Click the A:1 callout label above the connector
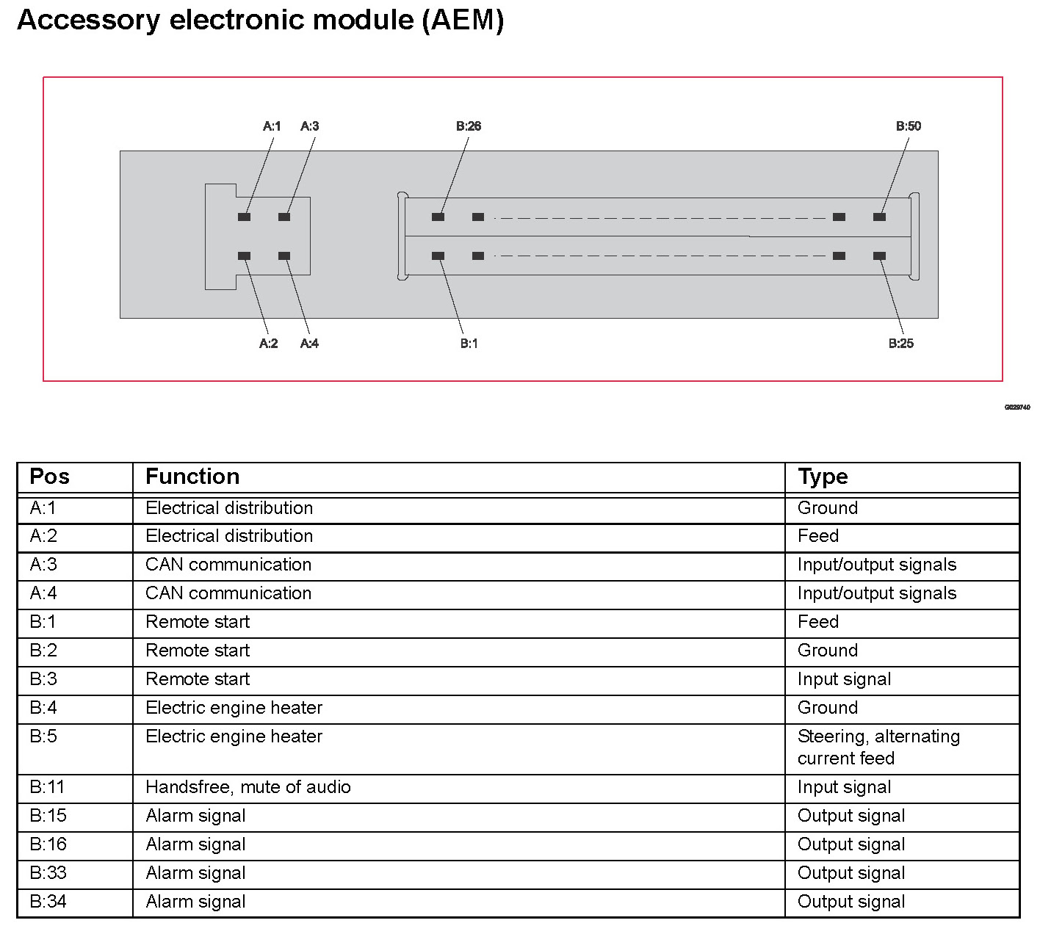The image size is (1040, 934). pyautogui.click(x=272, y=126)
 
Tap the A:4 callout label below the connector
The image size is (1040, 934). pyautogui.click(x=309, y=344)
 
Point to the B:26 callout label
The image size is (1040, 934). pyautogui.click(x=469, y=126)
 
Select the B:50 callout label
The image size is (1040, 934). pyautogui.click(x=908, y=126)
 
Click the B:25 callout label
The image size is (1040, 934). pyautogui.click(x=900, y=344)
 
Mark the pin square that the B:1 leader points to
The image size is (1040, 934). pyautogui.click(x=438, y=256)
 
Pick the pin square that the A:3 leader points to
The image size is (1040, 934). pyautogui.click(x=284, y=217)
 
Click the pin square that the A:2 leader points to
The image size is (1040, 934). pyautogui.click(x=245, y=256)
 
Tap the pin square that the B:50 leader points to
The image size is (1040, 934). pyautogui.click(x=879, y=217)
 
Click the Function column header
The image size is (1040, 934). pyautogui.click(x=192, y=477)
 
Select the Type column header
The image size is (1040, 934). pyautogui.click(x=823, y=477)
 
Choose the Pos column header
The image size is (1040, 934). pyautogui.click(x=49, y=477)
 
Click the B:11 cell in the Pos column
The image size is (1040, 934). pyautogui.click(x=47, y=787)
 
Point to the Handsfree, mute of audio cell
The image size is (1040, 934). pyautogui.click(x=248, y=787)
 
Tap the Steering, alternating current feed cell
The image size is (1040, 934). pyautogui.click(x=878, y=747)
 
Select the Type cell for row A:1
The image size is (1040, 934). pyautogui.click(x=828, y=508)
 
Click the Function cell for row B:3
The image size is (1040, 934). pyautogui.click(x=198, y=679)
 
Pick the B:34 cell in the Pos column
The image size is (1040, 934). pyautogui.click(x=48, y=902)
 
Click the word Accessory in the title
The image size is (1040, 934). pyautogui.click(x=88, y=20)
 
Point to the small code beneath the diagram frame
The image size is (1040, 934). pyautogui.click(x=1017, y=407)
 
